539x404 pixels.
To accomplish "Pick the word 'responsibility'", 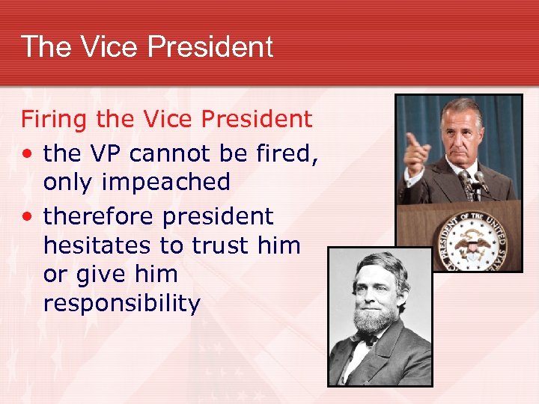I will (122, 304).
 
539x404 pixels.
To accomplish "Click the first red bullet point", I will (27, 155).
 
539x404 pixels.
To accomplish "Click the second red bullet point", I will (27, 218).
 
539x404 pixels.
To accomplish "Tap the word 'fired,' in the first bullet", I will (287, 153).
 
